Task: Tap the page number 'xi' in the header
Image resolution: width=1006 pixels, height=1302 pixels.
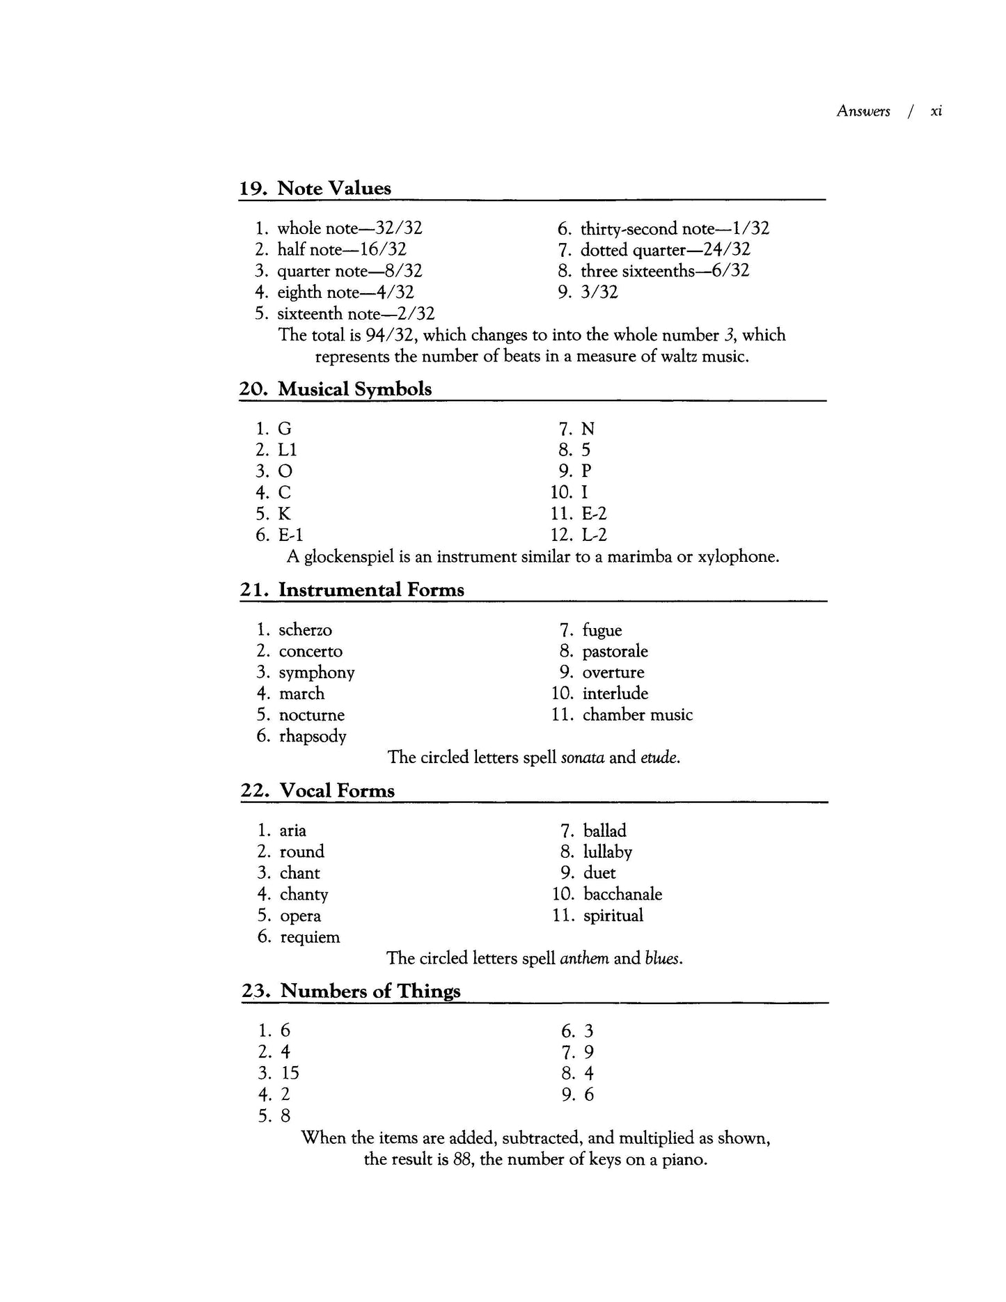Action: coord(936,111)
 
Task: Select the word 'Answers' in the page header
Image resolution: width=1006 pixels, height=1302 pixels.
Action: coord(863,111)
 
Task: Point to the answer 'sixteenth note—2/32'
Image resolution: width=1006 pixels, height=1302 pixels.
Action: coord(356,314)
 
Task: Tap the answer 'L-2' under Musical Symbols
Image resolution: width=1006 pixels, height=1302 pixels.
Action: coord(595,535)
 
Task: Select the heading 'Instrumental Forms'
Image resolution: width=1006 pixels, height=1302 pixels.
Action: coord(371,590)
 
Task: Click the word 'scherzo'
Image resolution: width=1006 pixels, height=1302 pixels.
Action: coord(306,630)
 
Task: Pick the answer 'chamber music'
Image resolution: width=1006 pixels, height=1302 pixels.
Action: coord(638,715)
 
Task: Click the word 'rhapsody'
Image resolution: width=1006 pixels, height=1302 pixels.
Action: coord(313,737)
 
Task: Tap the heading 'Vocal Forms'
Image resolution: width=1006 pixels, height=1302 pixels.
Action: coord(337,791)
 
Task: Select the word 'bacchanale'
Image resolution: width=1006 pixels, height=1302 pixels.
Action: coord(622,895)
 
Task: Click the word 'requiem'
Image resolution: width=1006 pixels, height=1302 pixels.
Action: coord(310,937)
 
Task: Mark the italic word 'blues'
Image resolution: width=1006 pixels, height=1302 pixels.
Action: coord(663,959)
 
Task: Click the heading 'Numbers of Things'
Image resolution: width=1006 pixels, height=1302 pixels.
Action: coord(370,991)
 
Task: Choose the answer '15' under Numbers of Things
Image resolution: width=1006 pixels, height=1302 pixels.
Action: coord(290,1074)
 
